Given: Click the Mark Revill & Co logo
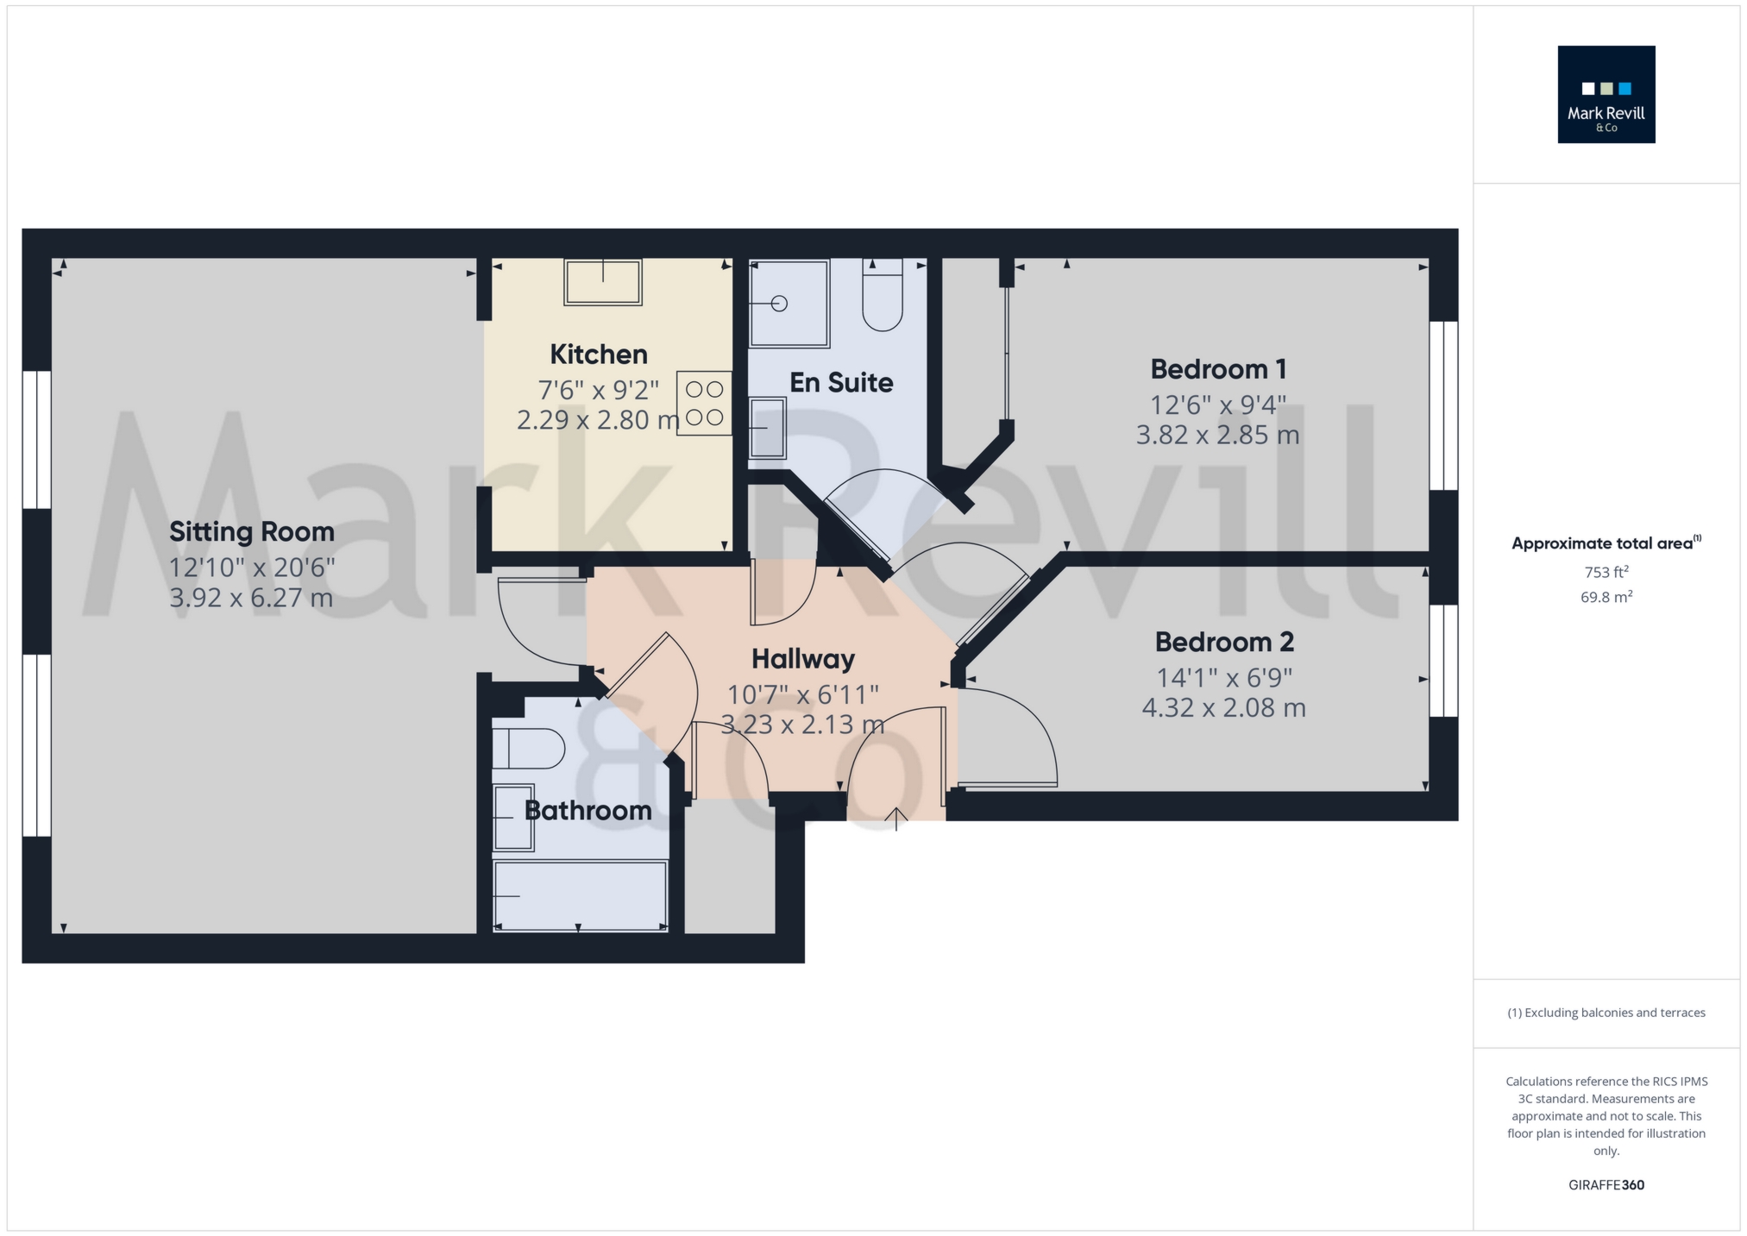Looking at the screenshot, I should (1606, 94).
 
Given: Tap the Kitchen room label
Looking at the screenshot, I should (599, 354).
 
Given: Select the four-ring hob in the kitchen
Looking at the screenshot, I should (704, 403).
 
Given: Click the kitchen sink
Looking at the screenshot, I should (603, 281).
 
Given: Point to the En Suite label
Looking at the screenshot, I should (841, 383).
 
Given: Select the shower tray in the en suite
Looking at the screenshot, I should (789, 303).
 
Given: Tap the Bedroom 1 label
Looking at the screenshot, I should (1218, 369).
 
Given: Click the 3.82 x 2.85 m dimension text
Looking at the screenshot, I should (1217, 435).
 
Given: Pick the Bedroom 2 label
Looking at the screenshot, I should (1224, 643).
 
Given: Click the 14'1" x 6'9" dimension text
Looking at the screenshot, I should (1224, 678).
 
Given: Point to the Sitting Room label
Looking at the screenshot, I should (251, 532).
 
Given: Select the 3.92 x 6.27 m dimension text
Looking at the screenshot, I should (251, 598).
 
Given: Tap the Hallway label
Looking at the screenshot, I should (802, 660).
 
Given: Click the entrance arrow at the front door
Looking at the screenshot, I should (896, 818).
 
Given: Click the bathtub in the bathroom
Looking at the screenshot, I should (580, 895).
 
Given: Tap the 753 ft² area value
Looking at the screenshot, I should (1606, 572).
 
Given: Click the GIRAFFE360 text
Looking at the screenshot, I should (1606, 1185).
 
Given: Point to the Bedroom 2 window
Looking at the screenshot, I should (1443, 661).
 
